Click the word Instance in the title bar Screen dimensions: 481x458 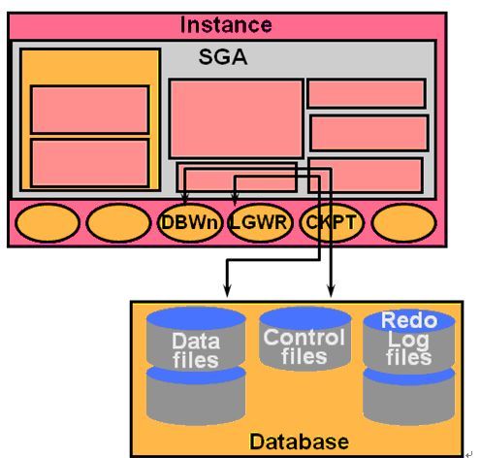pyautogui.click(x=226, y=25)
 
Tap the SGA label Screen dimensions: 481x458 pyautogui.click(x=223, y=57)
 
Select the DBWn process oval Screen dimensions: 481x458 pyautogui.click(x=190, y=223)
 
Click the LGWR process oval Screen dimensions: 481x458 pyautogui.click(x=260, y=223)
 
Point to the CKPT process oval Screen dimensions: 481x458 pyautogui.click(x=332, y=223)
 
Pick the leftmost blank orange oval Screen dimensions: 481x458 pyautogui.click(x=48, y=223)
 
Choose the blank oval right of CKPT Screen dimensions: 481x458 pyautogui.click(x=403, y=223)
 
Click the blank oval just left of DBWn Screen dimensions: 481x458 pyautogui.click(x=118, y=223)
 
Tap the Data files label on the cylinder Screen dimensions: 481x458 pyautogui.click(x=196, y=350)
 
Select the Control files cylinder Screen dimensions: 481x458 pyautogui.click(x=305, y=338)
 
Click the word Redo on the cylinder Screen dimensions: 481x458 pyautogui.click(x=409, y=320)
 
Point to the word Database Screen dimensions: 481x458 pyautogui.click(x=299, y=442)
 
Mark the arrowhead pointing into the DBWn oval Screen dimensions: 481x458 pyautogui.click(x=185, y=198)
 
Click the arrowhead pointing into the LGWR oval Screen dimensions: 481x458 pyautogui.click(x=235, y=199)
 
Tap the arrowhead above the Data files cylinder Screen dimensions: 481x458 pyautogui.click(x=228, y=291)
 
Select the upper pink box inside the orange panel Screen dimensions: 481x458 pyautogui.click(x=89, y=110)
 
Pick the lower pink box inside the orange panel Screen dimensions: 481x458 pyautogui.click(x=89, y=163)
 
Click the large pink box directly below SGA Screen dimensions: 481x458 pyautogui.click(x=236, y=118)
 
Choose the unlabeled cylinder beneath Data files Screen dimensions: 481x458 pyautogui.click(x=196, y=395)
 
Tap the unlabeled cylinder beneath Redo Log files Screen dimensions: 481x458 pyautogui.click(x=409, y=397)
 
